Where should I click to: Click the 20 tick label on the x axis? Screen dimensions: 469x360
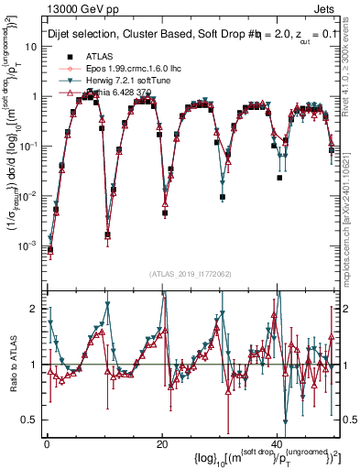tap(161, 444)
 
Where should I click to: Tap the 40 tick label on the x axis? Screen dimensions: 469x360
tap(276, 444)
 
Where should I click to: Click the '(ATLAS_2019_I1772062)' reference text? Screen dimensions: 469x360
tap(191, 274)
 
